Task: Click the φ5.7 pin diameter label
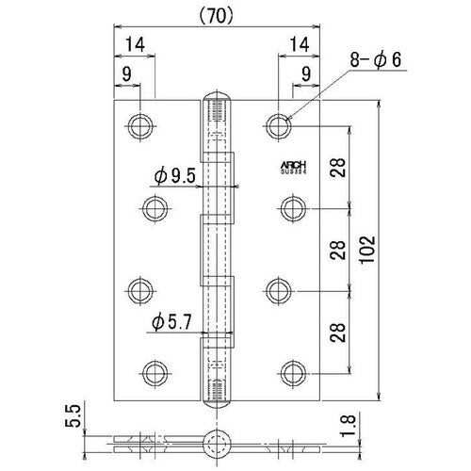pos(171,323)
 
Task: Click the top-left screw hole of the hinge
pos(141,124)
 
